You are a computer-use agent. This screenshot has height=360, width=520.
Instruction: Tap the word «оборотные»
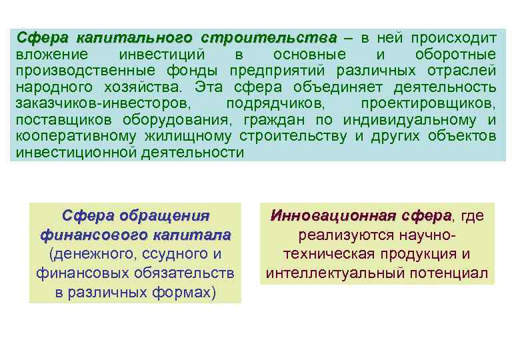455,54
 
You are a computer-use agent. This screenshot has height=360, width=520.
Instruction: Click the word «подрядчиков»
275,104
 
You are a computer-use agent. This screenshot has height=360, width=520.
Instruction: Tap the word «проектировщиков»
428,104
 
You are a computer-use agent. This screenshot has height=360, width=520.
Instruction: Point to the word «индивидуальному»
419,121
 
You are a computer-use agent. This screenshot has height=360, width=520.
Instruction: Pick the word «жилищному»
194,137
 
